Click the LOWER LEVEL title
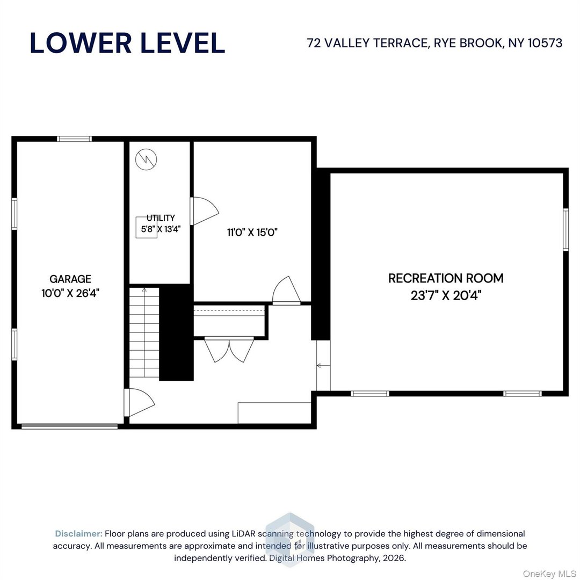(127, 43)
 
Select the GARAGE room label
(70, 279)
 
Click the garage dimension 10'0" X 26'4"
(70, 293)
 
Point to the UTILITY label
(161, 218)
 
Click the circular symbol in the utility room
(146, 160)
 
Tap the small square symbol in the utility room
(146, 227)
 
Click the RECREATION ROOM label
(446, 278)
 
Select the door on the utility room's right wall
(204, 211)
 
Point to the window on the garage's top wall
(75, 139)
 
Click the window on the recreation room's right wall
(565, 229)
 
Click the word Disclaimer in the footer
(78, 534)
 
